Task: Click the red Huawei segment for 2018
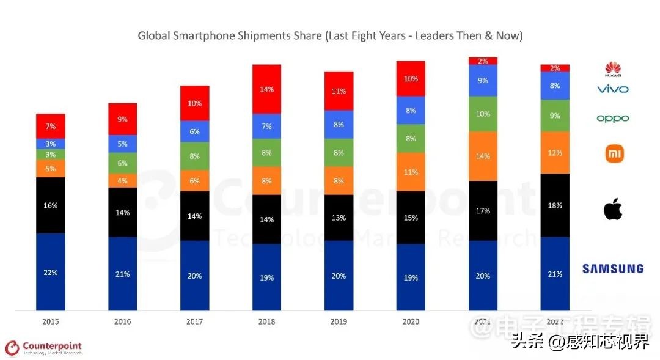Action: click(266, 89)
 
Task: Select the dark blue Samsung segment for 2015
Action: click(50, 272)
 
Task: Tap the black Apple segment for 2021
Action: click(483, 210)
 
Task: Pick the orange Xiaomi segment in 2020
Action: click(411, 172)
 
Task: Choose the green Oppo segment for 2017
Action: click(194, 156)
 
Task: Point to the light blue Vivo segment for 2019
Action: click(339, 125)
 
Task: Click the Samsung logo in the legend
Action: click(612, 268)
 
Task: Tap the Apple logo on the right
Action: click(612, 210)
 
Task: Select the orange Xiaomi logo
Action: click(614, 154)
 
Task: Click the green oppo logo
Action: click(612, 119)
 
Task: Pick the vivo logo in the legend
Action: click(612, 89)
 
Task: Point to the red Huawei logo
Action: click(612, 69)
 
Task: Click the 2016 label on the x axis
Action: click(122, 321)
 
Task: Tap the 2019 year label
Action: click(339, 321)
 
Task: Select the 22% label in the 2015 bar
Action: click(50, 272)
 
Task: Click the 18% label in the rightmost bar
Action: click(555, 205)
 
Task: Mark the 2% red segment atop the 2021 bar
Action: click(483, 61)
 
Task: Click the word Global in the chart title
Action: click(153, 35)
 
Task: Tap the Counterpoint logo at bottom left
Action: click(43, 348)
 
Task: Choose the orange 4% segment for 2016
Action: click(122, 180)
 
